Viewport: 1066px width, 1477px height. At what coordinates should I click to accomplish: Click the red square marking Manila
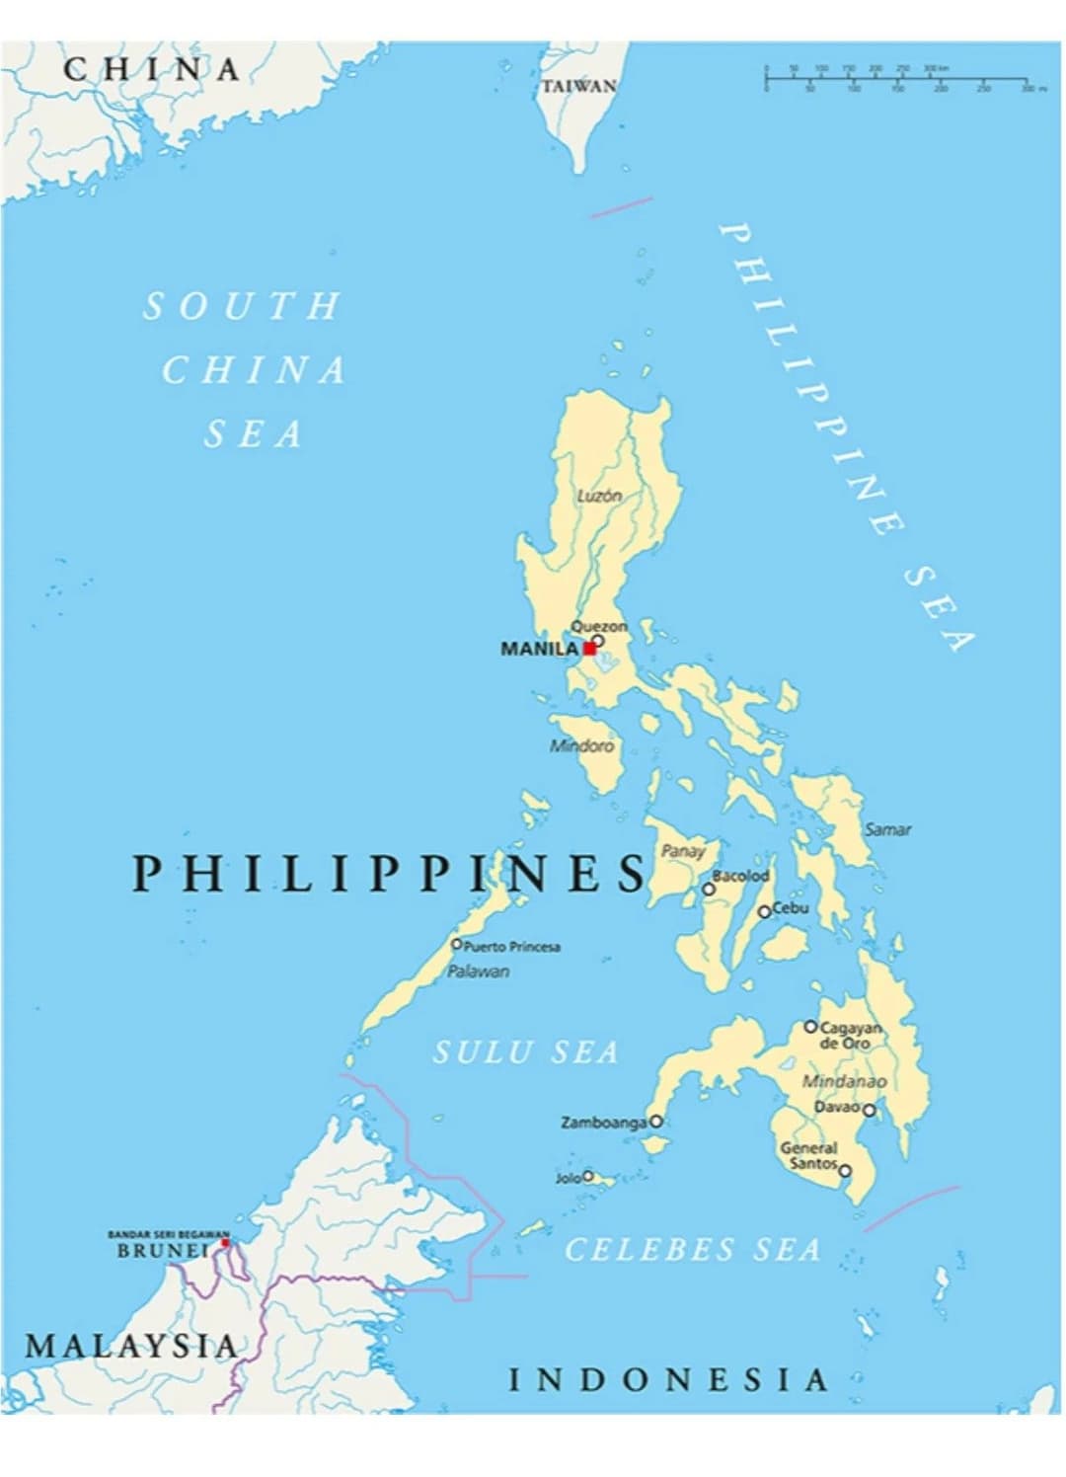pos(589,649)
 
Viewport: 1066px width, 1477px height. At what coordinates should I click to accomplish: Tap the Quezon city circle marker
pos(598,641)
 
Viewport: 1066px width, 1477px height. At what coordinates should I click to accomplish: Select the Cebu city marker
pos(764,911)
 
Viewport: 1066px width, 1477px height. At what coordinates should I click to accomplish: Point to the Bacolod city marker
pos(709,889)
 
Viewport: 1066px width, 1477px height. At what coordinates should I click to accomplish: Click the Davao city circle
pos(869,1110)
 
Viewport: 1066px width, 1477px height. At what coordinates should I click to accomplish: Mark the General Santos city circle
pos(845,1171)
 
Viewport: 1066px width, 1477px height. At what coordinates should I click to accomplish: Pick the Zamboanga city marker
pos(655,1122)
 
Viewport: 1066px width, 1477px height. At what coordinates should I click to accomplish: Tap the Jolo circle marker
pos(588,1176)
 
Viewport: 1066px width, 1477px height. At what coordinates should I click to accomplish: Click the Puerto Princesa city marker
pos(457,945)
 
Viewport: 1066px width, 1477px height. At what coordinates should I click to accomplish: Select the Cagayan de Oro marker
pos(810,1027)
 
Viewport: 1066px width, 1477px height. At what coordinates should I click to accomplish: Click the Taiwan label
pos(579,87)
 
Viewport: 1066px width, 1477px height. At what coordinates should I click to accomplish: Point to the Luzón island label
pos(599,496)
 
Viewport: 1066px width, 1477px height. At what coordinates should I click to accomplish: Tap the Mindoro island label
pos(581,745)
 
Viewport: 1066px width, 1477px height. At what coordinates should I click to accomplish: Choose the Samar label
pos(887,829)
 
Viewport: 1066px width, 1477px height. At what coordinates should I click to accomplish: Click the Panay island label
pos(683,850)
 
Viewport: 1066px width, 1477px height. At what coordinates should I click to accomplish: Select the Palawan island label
pos(479,972)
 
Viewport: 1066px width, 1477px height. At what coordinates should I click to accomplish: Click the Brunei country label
pos(163,1251)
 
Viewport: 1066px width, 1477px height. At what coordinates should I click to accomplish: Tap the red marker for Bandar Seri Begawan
pos(225,1243)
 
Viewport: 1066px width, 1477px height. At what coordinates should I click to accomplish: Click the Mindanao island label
pos(844,1081)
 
